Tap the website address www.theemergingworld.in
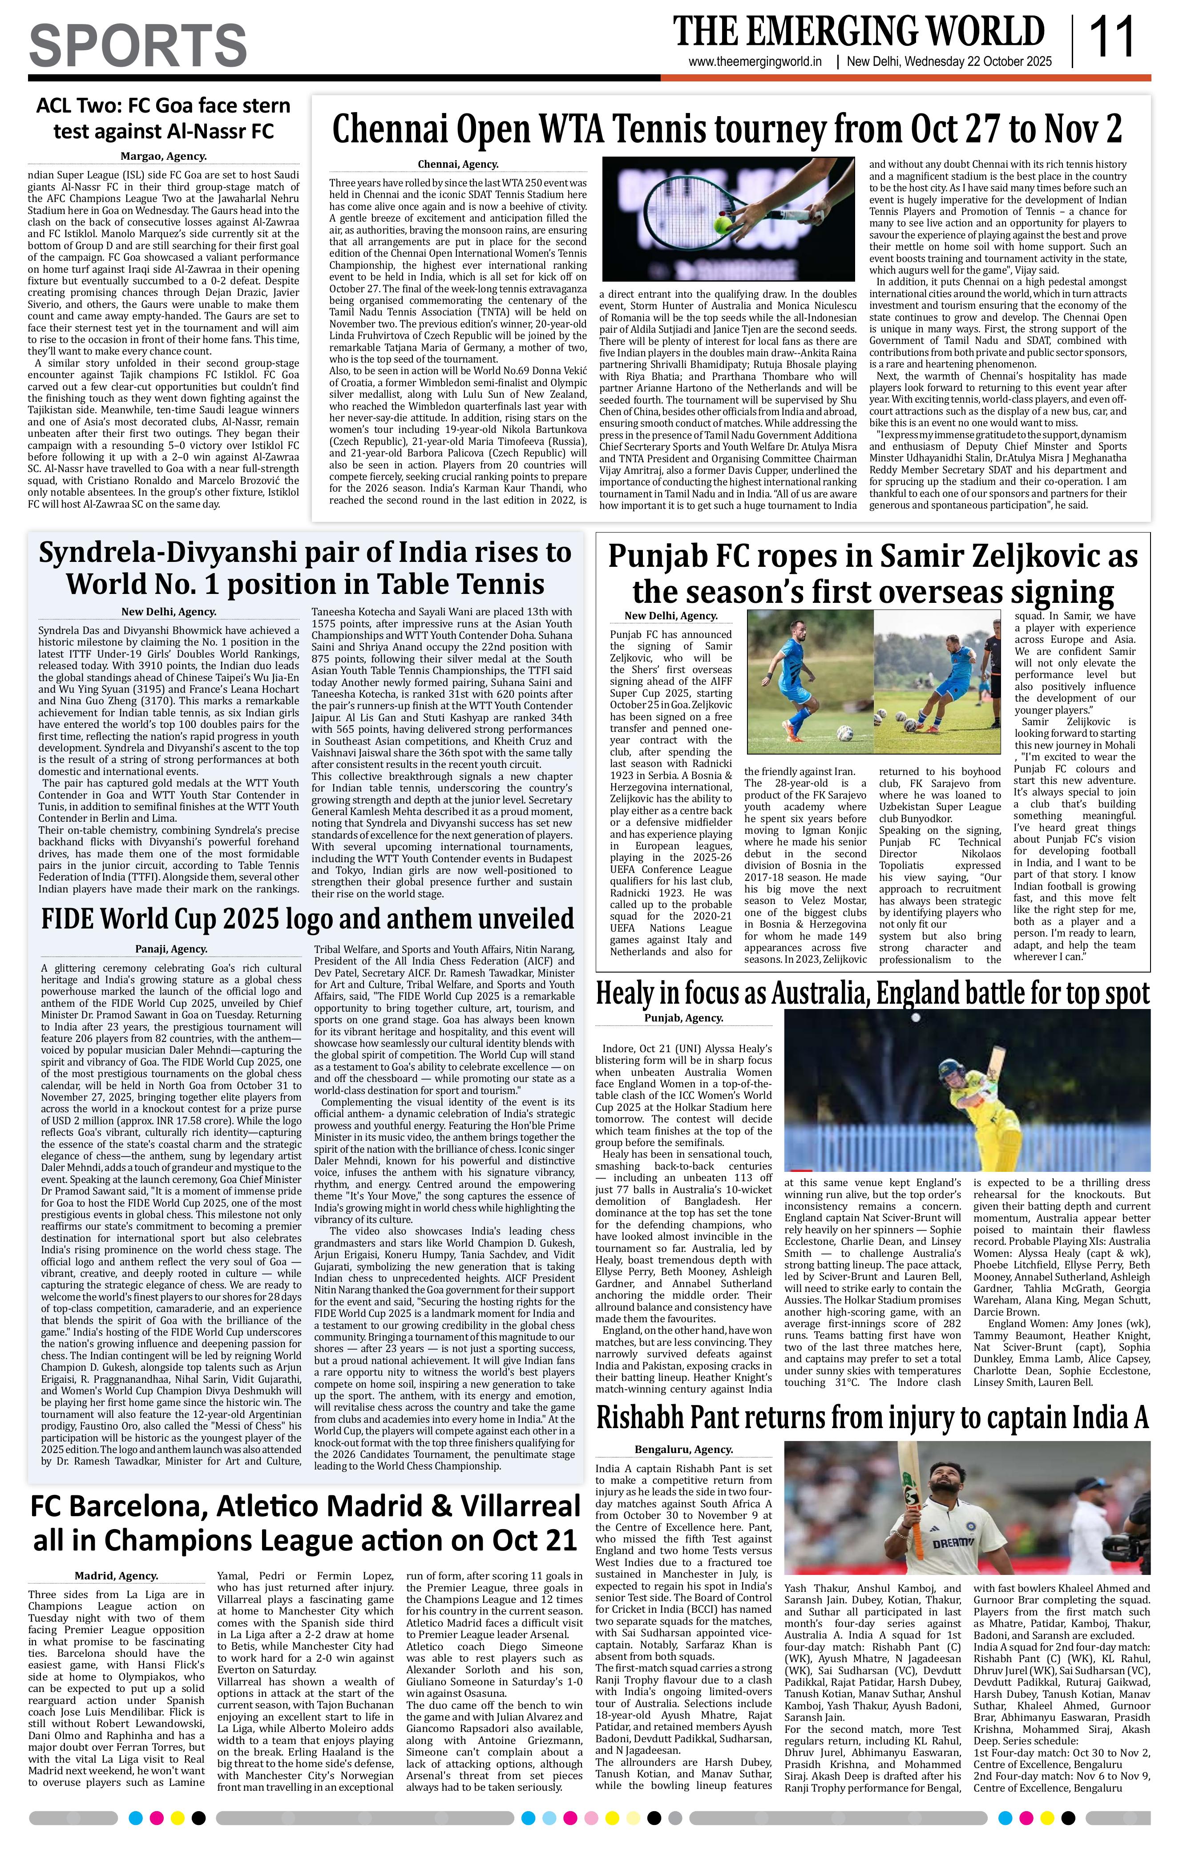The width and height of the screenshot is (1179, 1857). coord(755,62)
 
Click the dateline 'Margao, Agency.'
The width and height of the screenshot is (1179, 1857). coord(163,157)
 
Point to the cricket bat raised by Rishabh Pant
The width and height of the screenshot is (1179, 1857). coord(912,1481)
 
